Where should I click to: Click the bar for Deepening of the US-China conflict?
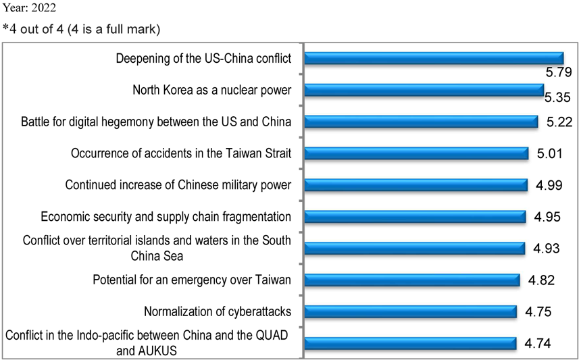point(434,58)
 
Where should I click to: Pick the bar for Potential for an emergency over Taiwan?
point(412,280)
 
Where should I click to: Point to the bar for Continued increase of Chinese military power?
point(416,185)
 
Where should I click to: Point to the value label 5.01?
point(550,154)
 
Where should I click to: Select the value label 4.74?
point(537,343)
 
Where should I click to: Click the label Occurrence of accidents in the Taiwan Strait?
point(181,153)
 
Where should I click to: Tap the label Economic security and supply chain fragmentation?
point(166,217)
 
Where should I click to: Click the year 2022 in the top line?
point(44,9)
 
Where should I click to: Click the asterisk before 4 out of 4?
point(5,30)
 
